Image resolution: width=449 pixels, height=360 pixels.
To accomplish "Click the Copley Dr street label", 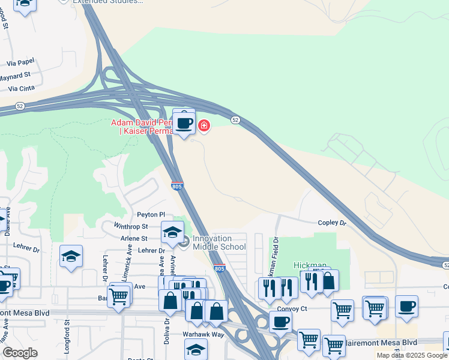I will (332, 223).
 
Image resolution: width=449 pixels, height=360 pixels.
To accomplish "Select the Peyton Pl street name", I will (150, 214).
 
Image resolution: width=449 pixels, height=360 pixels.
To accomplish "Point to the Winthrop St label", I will (131, 226).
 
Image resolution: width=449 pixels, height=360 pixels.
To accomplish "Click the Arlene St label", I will (134, 238).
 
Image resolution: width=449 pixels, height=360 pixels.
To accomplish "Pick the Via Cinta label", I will (22, 89).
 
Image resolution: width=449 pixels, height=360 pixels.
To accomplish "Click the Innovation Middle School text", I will (218, 242).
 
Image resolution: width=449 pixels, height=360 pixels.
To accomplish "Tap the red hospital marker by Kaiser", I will (204, 125).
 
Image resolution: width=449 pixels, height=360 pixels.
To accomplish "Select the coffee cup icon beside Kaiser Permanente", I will (184, 123).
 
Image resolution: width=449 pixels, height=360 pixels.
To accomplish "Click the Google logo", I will (20, 353).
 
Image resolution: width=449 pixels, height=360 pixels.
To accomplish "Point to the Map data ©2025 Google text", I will (412, 355).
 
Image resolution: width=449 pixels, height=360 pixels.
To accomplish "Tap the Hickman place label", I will (310, 265).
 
